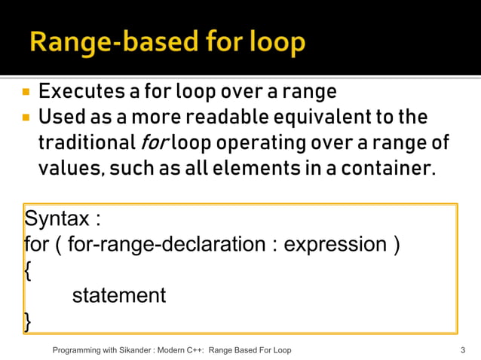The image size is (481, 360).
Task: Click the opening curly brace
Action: pyautogui.click(x=28, y=270)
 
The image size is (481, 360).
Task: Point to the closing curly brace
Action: pyautogui.click(x=28, y=321)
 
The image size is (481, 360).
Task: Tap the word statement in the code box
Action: pyautogui.click(x=118, y=295)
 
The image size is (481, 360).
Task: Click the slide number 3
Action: pyautogui.click(x=461, y=350)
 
